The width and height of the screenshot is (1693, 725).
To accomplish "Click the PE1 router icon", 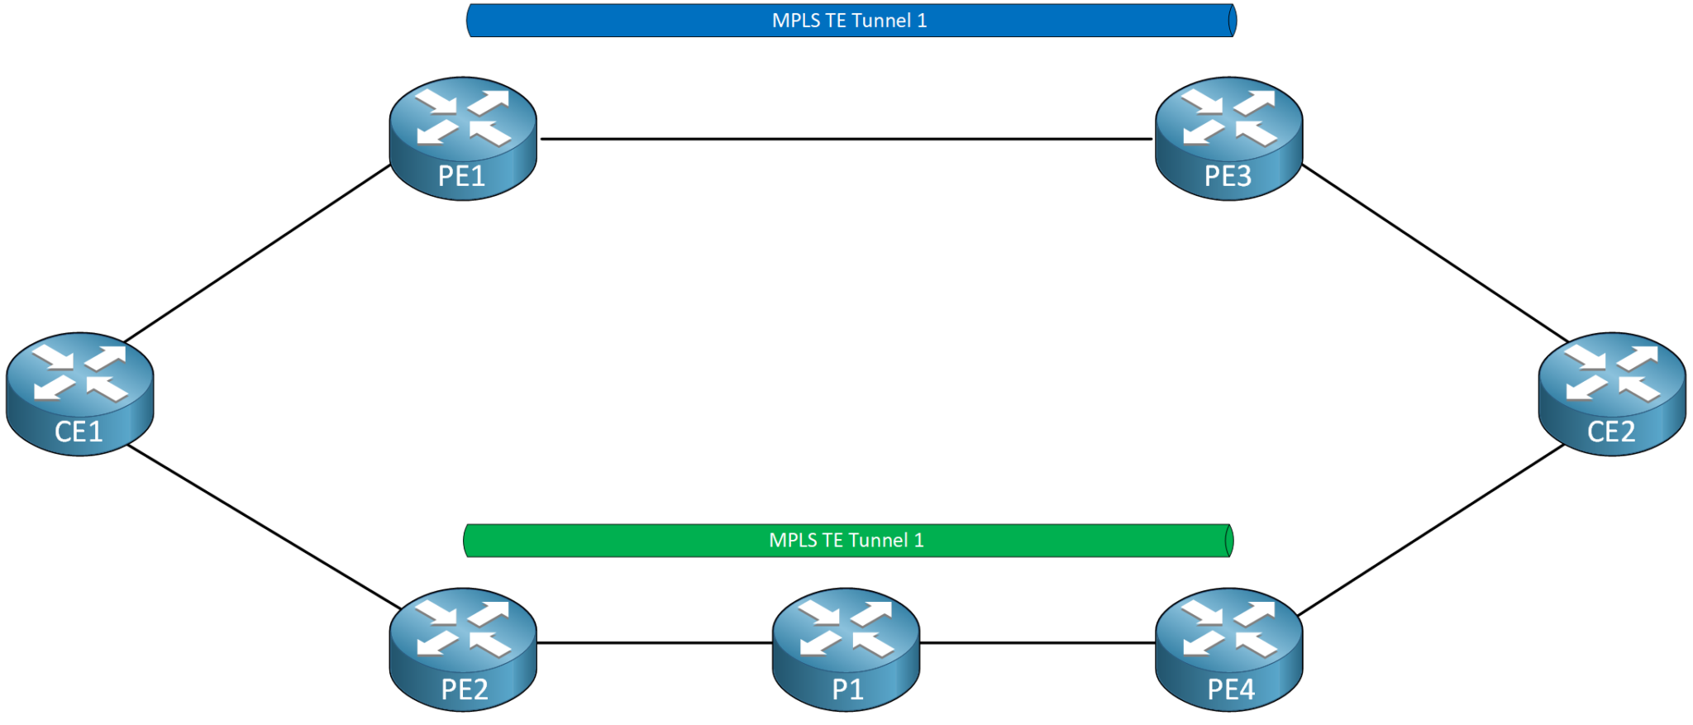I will [463, 138].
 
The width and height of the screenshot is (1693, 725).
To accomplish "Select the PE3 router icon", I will [1228, 138].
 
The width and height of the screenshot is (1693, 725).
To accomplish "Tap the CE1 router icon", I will [79, 394].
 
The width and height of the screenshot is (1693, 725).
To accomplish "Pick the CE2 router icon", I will [1611, 394].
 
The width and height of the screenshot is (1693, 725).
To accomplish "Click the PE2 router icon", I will [463, 649].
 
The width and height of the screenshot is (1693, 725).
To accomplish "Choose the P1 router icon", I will [846, 649].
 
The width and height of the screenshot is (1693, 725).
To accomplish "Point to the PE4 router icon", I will [1228, 649].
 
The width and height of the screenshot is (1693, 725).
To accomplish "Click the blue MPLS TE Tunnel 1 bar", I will [851, 21].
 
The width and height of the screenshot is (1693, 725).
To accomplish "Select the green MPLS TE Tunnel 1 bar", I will [847, 541].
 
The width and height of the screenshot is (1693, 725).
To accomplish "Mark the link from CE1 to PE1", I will [256, 254].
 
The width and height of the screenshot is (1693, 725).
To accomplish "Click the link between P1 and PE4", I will [1037, 642].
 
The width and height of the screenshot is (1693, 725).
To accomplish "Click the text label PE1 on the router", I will [461, 176].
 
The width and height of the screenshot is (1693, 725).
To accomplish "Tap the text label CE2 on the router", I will [1610, 432].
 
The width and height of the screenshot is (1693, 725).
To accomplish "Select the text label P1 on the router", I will [847, 689].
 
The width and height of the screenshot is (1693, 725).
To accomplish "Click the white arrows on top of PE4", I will [1229, 627].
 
